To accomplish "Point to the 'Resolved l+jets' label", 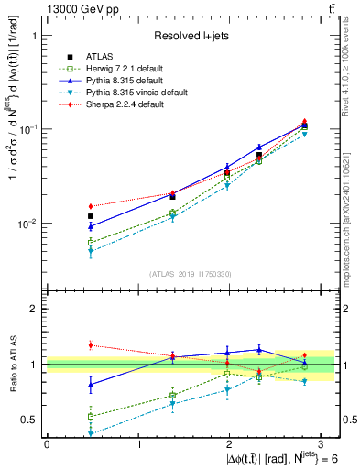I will (x=191, y=36).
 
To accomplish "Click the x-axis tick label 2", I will (x=230, y=444).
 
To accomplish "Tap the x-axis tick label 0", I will (x=47, y=444).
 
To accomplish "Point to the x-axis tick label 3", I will (x=322, y=444).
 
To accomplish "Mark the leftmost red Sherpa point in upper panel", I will (x=91, y=206).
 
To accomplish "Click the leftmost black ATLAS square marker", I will (x=91, y=216).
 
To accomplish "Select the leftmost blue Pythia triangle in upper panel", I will (x=91, y=226).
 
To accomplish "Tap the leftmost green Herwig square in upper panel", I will (x=91, y=242).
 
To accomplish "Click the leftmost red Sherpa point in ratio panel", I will (x=91, y=345).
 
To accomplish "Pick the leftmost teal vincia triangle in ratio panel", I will (x=91, y=432).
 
